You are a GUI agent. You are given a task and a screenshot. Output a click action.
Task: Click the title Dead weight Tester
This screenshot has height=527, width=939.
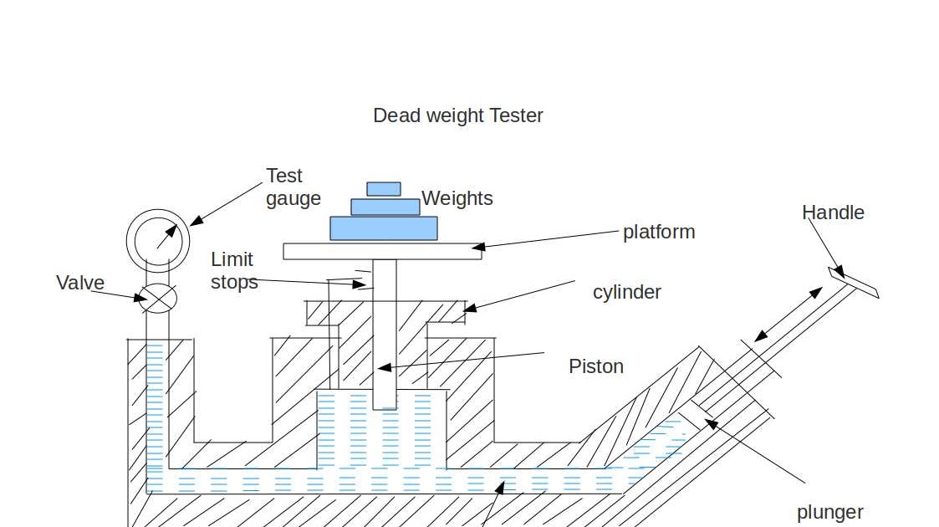pyautogui.click(x=457, y=115)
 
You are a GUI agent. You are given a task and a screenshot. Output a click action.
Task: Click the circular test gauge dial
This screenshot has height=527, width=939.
pyautogui.click(x=157, y=240)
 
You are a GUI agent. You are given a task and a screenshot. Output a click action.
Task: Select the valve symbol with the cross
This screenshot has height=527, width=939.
pyautogui.click(x=157, y=298)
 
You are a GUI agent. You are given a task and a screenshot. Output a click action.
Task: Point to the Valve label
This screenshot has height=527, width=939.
pyautogui.click(x=80, y=283)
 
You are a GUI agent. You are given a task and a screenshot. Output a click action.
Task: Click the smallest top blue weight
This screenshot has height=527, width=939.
pyautogui.click(x=384, y=189)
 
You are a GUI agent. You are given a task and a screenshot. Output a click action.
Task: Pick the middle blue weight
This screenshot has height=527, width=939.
pyautogui.click(x=385, y=207)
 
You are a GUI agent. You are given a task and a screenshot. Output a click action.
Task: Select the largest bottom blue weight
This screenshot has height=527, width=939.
pyautogui.click(x=384, y=228)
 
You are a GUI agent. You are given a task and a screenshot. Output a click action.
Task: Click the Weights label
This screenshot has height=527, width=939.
pyautogui.click(x=457, y=198)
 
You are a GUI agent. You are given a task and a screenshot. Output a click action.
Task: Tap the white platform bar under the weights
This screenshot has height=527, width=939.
pyautogui.click(x=382, y=251)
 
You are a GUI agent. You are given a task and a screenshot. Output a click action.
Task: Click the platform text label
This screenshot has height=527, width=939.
pyautogui.click(x=659, y=232)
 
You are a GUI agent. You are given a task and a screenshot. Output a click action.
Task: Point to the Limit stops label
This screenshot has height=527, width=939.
pyautogui.click(x=233, y=270)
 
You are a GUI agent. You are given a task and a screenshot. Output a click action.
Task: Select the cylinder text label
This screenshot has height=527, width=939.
pyautogui.click(x=627, y=292)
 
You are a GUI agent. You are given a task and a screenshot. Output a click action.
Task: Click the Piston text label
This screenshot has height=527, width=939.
pyautogui.click(x=596, y=366)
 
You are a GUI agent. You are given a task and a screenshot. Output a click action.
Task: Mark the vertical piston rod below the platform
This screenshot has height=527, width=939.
pyautogui.click(x=385, y=335)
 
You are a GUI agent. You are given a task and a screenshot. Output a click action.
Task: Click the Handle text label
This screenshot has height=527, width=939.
pyautogui.click(x=833, y=212)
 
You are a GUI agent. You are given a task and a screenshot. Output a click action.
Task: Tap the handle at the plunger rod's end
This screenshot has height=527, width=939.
pyautogui.click(x=854, y=283)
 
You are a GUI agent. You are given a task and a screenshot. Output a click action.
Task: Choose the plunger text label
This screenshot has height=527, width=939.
pyautogui.click(x=829, y=512)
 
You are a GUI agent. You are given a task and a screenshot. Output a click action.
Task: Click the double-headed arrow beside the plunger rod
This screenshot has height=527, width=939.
pyautogui.click(x=788, y=315)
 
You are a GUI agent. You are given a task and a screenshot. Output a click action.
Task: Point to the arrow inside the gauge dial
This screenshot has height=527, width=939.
pyautogui.click(x=167, y=236)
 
